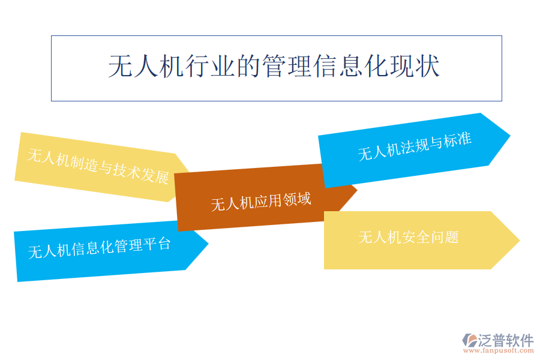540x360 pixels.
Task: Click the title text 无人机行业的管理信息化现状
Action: point(274,66)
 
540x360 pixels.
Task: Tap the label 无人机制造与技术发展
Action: point(98,166)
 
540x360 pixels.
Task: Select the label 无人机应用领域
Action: point(261,202)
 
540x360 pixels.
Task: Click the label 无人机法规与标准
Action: point(415,146)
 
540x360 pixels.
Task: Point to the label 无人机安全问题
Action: point(409,238)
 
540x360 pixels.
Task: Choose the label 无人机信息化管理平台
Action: point(99,248)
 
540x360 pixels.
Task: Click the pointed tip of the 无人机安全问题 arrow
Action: point(520,240)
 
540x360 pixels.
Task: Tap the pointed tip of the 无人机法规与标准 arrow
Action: point(510,136)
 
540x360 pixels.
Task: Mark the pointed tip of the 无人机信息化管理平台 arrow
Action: point(208,243)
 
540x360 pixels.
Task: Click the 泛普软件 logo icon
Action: point(469,340)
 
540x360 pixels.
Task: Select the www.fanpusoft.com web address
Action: point(498,350)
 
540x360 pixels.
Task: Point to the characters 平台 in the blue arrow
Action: point(157,244)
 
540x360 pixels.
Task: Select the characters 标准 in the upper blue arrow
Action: point(458,140)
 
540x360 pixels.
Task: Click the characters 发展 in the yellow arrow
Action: point(155,176)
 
